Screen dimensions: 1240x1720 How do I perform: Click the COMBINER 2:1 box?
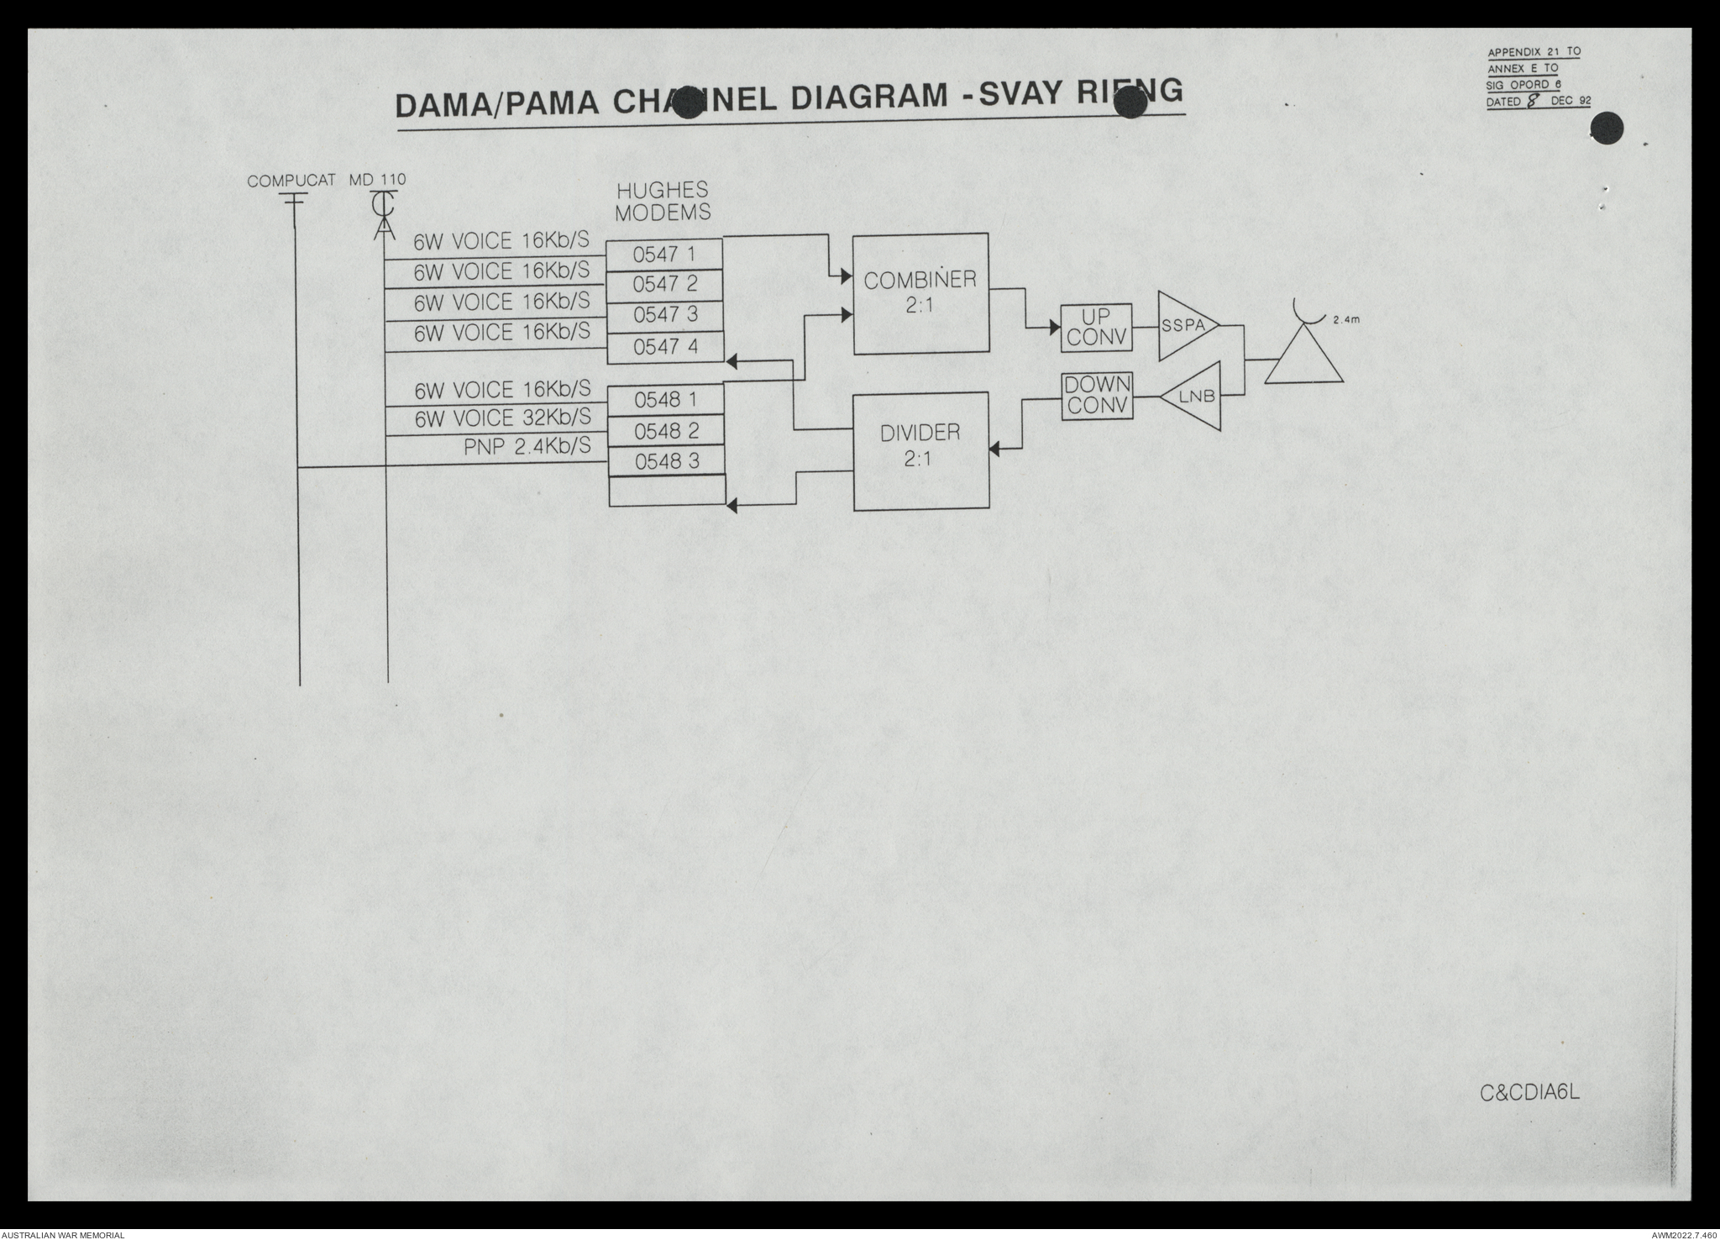pos(920,293)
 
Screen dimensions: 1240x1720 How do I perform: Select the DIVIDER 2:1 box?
pos(920,451)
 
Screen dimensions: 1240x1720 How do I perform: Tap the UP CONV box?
pos(1096,328)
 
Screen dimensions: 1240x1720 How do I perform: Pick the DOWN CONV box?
pos(1096,396)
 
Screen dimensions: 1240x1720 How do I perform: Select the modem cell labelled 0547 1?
pos(664,254)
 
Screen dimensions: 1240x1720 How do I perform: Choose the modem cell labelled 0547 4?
pos(665,347)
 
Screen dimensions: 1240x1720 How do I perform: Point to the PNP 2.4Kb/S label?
pos(527,447)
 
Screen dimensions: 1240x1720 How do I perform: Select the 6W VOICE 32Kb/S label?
pos(502,418)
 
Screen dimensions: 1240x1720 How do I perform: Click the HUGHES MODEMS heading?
pos(663,202)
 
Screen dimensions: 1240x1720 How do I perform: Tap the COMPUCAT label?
pos(291,180)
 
